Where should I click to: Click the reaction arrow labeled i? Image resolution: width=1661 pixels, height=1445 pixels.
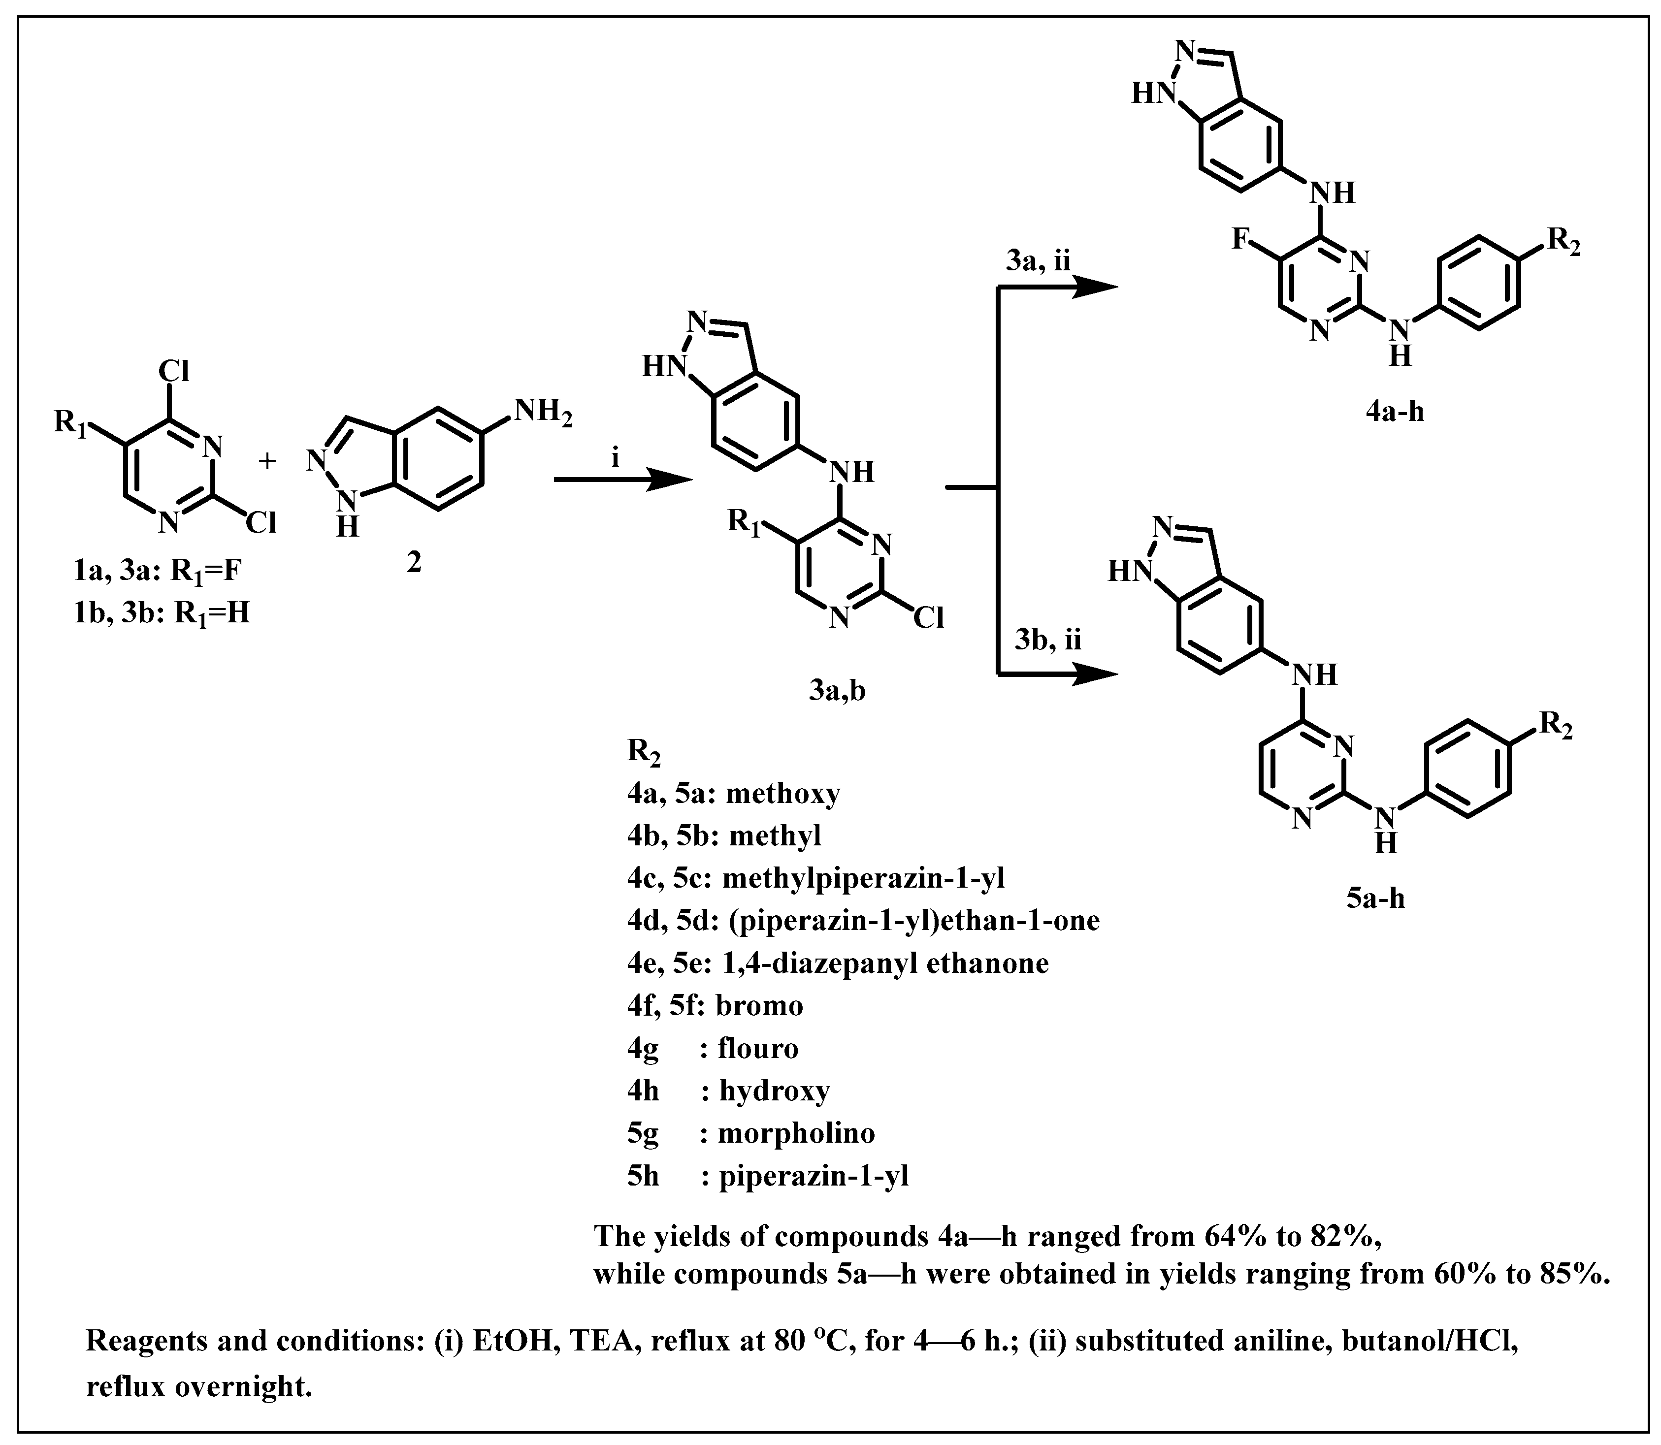pyautogui.click(x=622, y=481)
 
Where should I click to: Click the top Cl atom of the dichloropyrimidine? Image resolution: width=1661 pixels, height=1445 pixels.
pyautogui.click(x=173, y=372)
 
